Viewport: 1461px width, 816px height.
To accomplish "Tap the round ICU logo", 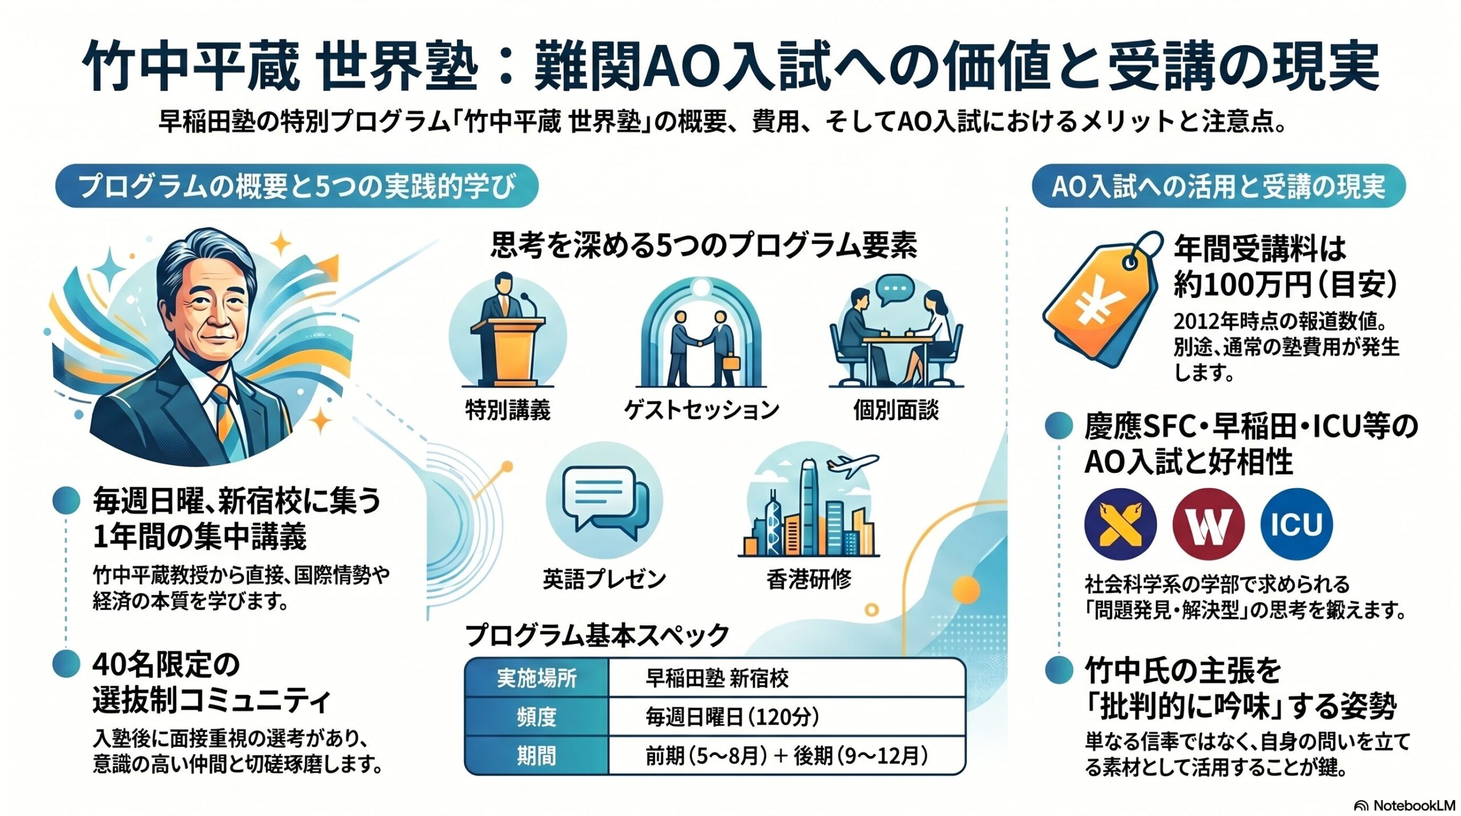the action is (1297, 524).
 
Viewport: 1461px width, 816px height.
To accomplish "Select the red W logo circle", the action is (1208, 524).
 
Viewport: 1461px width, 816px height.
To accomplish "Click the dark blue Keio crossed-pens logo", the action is (1120, 524).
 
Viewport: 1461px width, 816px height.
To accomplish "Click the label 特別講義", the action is (508, 410).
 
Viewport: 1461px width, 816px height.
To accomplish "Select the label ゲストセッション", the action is (701, 410).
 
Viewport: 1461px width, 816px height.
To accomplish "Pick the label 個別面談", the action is (896, 410).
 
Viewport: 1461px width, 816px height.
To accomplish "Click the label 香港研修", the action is (809, 579).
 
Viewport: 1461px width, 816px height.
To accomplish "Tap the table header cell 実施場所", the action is (537, 678).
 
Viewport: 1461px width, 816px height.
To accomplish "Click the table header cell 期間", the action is (537, 755).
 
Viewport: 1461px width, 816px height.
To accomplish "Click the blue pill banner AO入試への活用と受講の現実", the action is (1219, 186).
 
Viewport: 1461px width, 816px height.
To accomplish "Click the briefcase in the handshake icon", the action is (731, 363).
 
